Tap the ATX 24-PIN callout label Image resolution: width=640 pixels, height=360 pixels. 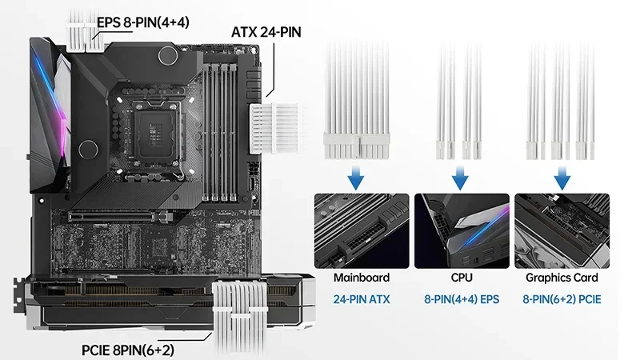pos(266,33)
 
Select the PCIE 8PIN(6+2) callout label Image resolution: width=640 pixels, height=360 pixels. pos(128,350)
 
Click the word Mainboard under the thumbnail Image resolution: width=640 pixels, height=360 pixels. pos(362,278)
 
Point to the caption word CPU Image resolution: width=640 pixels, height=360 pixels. pos(462,278)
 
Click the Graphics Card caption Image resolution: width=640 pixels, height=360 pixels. pos(561,278)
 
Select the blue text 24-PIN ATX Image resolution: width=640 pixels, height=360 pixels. pos(362,299)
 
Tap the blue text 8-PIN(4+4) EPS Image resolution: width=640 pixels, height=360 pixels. pos(462,299)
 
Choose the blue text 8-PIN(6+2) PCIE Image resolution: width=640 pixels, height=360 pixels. pos(561,299)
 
